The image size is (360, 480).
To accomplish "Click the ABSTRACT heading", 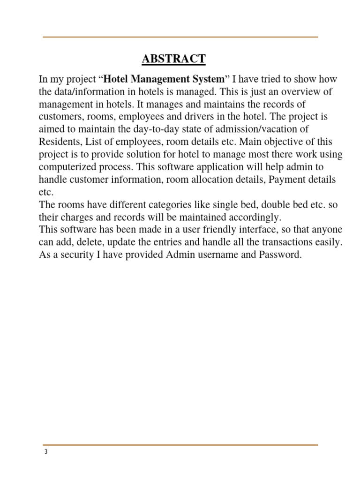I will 173,59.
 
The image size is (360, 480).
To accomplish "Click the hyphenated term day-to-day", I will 154,129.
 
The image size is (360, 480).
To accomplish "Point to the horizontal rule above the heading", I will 180,37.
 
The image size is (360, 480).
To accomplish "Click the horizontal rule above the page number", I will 180,445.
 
